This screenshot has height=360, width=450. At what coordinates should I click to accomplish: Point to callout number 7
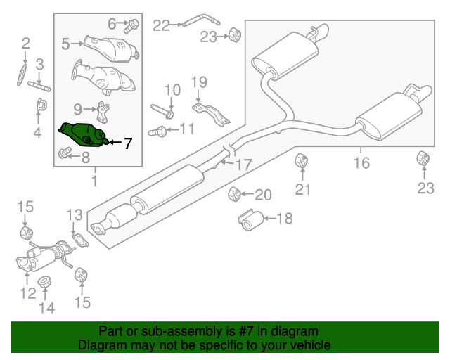[127, 143]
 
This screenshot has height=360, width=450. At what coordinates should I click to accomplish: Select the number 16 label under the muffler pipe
[361, 163]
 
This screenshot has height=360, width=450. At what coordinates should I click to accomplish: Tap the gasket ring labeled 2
[23, 75]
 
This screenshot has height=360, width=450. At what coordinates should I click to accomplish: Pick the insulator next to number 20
[236, 193]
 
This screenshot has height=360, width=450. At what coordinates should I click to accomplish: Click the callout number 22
[161, 25]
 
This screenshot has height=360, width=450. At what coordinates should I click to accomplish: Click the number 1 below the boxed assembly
[94, 182]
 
